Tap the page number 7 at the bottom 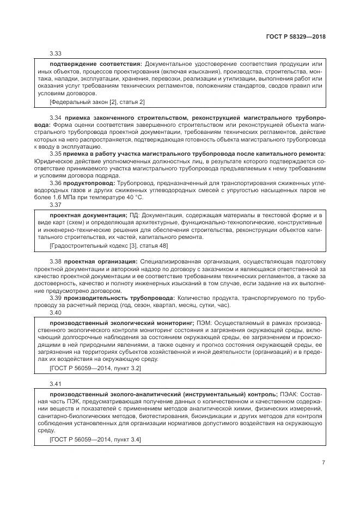324,463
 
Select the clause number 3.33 56,54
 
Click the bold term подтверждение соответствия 95,64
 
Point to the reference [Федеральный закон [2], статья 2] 97,102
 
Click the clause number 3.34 56,118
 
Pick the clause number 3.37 56,205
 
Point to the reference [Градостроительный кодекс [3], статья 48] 108,246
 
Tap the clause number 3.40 56,312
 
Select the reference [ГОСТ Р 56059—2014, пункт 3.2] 95,368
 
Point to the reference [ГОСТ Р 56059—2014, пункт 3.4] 95,439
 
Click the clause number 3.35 56,154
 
